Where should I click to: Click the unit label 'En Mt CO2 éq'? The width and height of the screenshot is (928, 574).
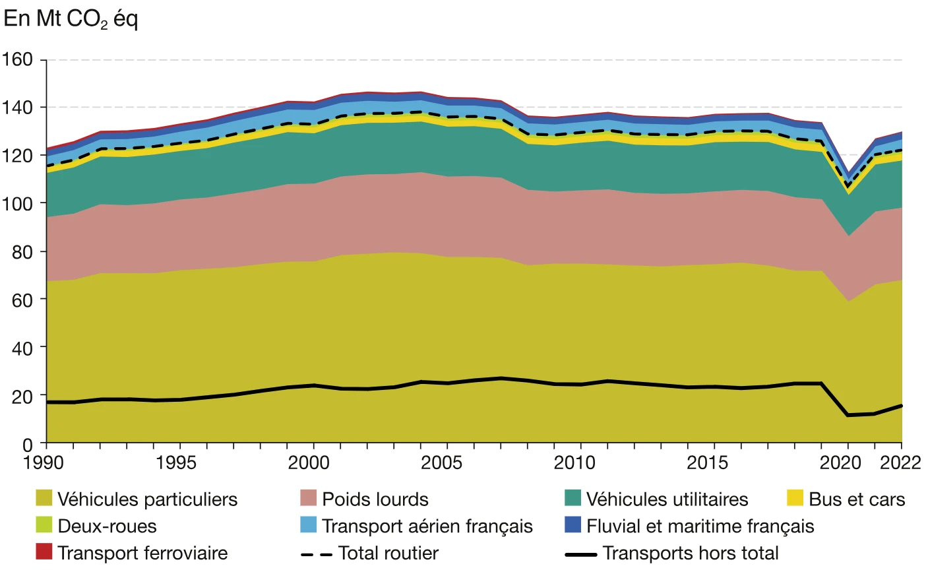pyautogui.click(x=71, y=19)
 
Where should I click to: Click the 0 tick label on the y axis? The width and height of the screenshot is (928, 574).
pyautogui.click(x=27, y=445)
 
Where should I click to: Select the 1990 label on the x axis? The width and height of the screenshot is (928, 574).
pyautogui.click(x=43, y=462)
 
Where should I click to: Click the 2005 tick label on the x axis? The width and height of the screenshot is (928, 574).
pyautogui.click(x=441, y=462)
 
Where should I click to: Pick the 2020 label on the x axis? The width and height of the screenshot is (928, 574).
pyautogui.click(x=840, y=462)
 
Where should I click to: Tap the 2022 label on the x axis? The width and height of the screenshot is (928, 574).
pyautogui.click(x=900, y=462)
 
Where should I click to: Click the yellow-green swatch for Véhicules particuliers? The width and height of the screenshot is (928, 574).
pyautogui.click(x=44, y=498)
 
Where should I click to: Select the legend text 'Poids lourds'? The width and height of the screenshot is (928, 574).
pyautogui.click(x=375, y=499)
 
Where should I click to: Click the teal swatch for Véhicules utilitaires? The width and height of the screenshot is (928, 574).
pyautogui.click(x=572, y=498)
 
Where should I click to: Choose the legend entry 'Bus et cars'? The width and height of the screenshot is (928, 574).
pyautogui.click(x=856, y=499)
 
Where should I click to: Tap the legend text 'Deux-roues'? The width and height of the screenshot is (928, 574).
pyautogui.click(x=107, y=526)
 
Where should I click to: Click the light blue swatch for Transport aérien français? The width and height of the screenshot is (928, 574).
pyautogui.click(x=308, y=525)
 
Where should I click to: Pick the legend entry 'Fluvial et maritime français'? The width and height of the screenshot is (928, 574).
pyautogui.click(x=700, y=526)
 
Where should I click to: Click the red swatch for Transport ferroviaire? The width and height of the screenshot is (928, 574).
pyautogui.click(x=44, y=552)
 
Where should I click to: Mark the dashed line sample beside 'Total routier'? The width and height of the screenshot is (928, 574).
pyautogui.click(x=316, y=554)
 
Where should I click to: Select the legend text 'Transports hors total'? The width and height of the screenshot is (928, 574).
pyautogui.click(x=690, y=554)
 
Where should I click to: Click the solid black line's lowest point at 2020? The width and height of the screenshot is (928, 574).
pyautogui.click(x=848, y=415)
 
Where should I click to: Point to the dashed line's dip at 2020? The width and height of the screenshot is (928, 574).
pyautogui.click(x=848, y=186)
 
